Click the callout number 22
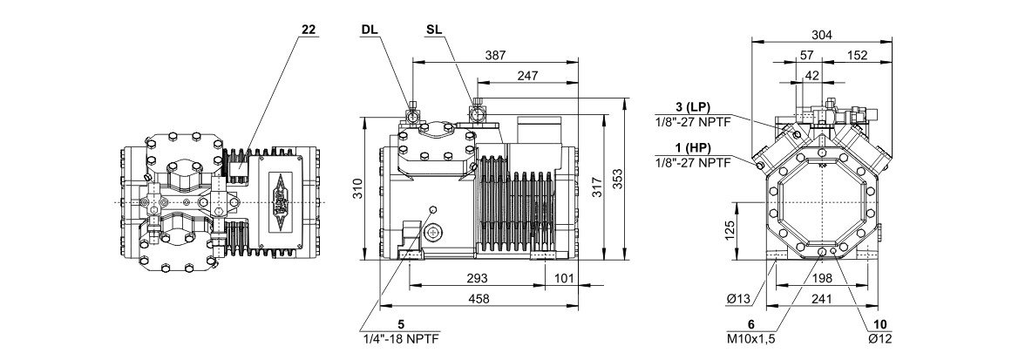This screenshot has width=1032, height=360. [x=308, y=30]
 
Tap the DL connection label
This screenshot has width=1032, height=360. [x=370, y=30]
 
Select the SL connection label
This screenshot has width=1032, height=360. [x=433, y=30]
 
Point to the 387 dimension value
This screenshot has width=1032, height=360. [x=495, y=55]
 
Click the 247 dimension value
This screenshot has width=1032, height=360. [x=526, y=77]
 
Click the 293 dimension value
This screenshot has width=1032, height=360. [x=476, y=278]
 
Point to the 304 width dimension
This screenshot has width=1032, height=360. [x=821, y=35]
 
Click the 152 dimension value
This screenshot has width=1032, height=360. [x=858, y=56]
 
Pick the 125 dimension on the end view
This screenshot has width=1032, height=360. [x=730, y=230]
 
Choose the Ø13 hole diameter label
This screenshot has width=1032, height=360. [x=739, y=301]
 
